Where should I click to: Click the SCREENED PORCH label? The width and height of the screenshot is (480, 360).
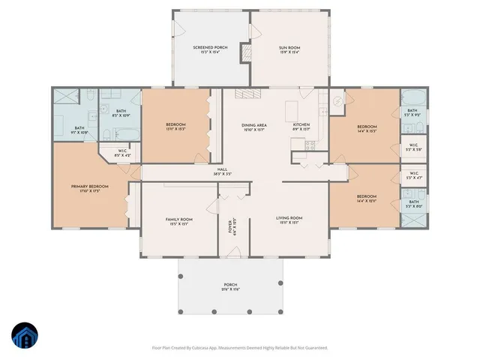click(211, 50)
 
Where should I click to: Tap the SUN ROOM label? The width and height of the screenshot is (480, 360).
click(289, 50)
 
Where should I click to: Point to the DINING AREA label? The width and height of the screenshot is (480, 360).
click(253, 127)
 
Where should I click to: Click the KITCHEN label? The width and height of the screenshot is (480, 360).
click(301, 127)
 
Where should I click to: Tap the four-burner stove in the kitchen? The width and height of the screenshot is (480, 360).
click(308, 145)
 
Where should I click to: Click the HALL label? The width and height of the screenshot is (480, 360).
click(222, 172)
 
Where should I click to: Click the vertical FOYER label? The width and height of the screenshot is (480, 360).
click(232, 226)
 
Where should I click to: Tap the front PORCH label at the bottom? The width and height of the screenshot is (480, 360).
click(230, 286)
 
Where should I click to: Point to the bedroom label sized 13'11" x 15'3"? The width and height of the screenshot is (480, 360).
click(175, 127)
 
